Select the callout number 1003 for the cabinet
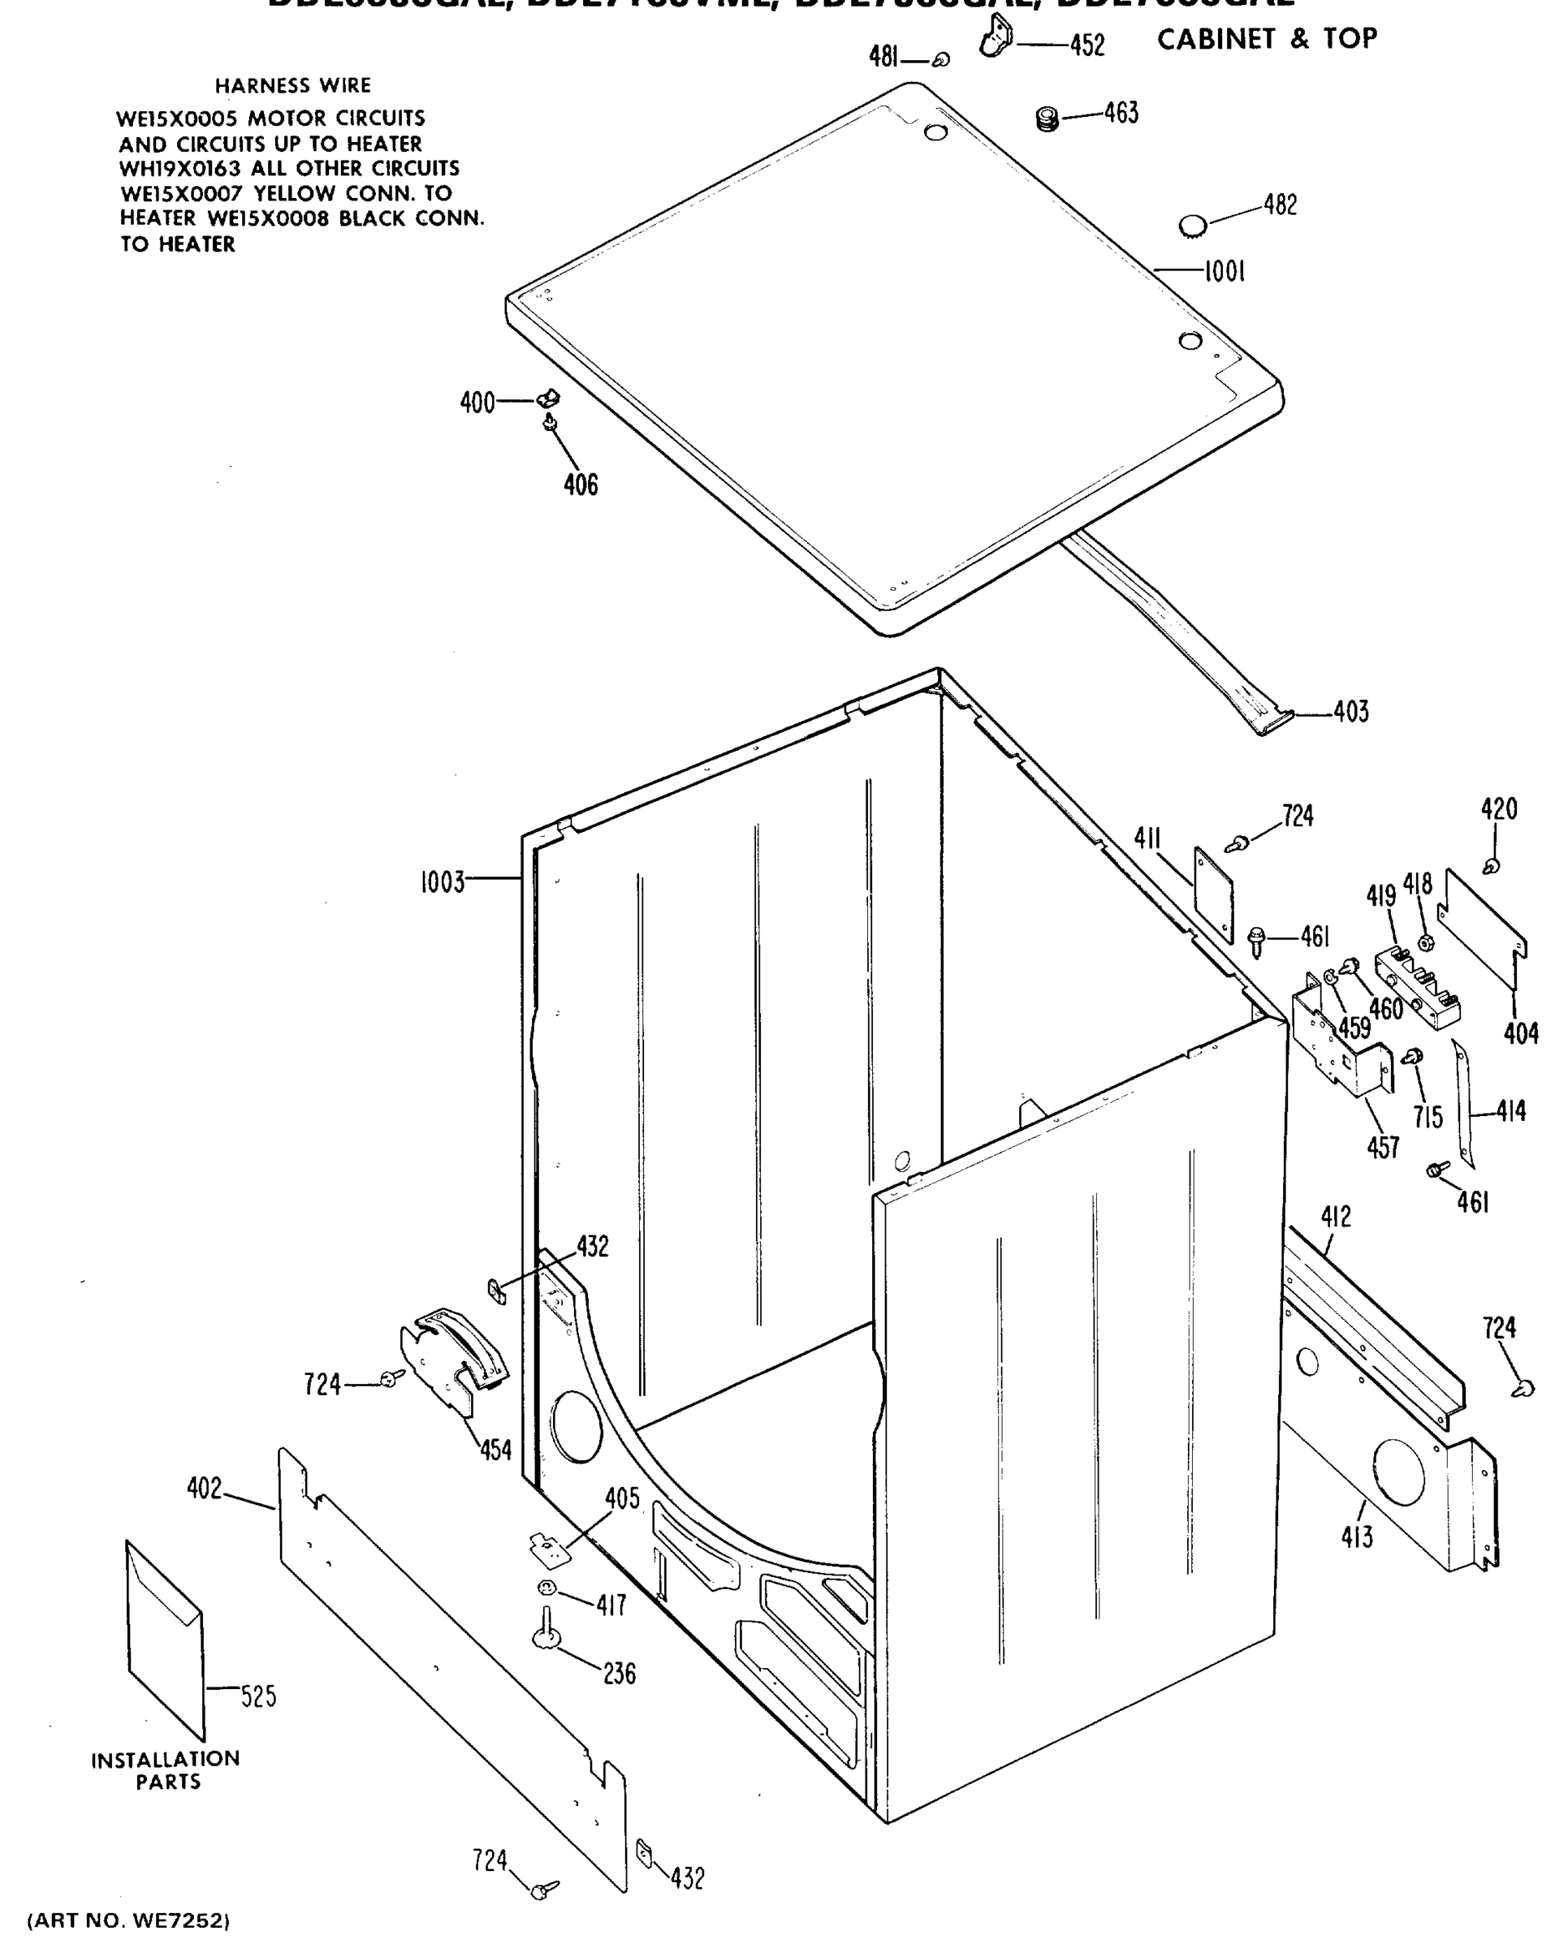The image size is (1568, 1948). (x=442, y=881)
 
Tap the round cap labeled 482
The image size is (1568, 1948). (x=1193, y=225)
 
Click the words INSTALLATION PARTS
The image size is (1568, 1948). (x=166, y=1770)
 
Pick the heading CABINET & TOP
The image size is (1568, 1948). (x=1267, y=40)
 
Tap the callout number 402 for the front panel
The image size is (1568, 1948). (x=205, y=1488)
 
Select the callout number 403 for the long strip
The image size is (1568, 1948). (x=1350, y=712)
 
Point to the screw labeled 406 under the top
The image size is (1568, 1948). (x=549, y=422)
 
